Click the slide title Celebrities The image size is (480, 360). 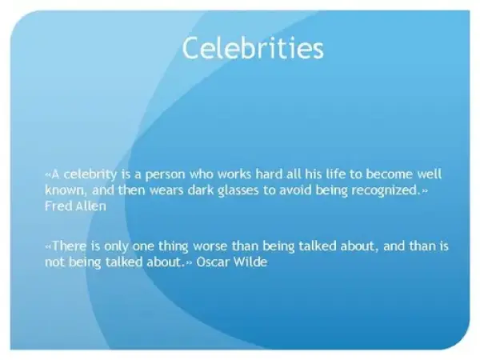(x=253, y=48)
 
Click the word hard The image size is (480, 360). (x=269, y=174)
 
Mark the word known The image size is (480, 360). (x=64, y=190)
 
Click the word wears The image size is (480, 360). (x=166, y=190)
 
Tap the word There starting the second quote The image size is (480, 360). (x=69, y=246)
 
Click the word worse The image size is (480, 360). (x=210, y=246)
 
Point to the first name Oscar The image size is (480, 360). (x=211, y=262)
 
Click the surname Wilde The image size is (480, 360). (x=250, y=262)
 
